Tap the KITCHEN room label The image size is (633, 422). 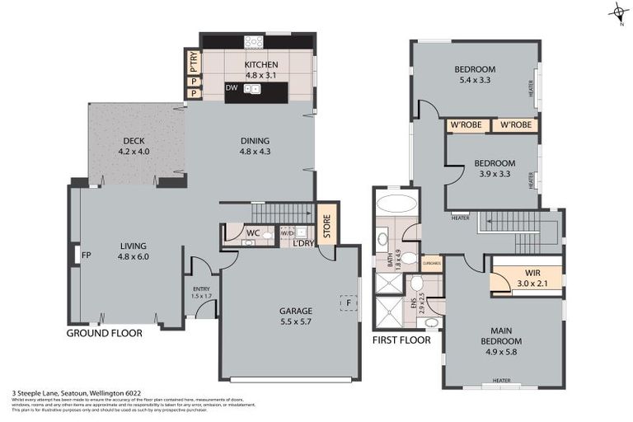pos(261,65)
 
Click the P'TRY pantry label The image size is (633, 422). pos(193,61)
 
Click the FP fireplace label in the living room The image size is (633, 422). pos(85,256)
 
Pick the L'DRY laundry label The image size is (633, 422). pos(303,243)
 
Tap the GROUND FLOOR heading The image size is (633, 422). pos(105,334)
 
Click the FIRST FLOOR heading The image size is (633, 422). pos(401,339)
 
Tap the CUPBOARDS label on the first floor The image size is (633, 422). pos(431,263)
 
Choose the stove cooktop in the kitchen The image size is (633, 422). pos(254,41)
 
